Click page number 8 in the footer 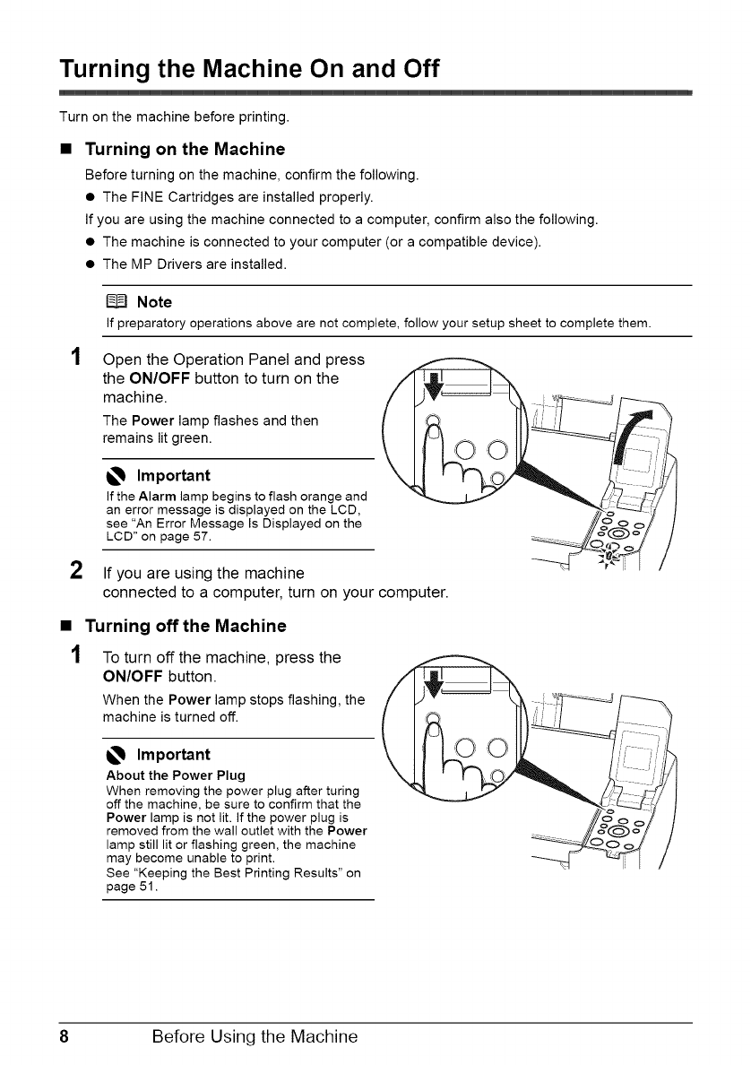click(x=65, y=1037)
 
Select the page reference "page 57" click(x=164, y=535)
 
